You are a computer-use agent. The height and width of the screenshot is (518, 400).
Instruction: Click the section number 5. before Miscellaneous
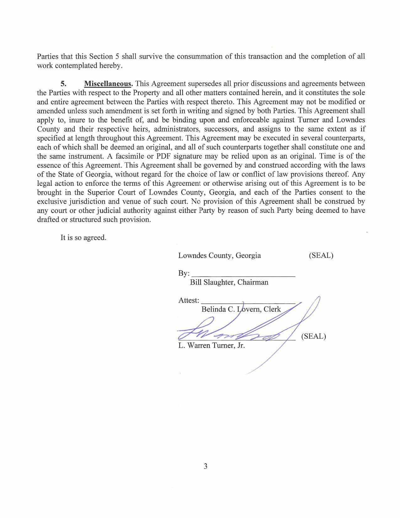click(64, 84)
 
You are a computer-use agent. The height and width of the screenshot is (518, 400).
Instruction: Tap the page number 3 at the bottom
click(205, 466)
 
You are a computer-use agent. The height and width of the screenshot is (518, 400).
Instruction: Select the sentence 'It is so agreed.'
click(83, 238)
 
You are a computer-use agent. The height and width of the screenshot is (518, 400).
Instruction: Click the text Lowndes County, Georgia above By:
click(219, 256)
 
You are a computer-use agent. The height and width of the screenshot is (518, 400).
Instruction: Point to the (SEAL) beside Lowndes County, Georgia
click(321, 256)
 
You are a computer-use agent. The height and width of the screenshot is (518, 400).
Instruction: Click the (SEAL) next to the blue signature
click(313, 337)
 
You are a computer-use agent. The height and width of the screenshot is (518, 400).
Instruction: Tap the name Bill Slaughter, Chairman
click(229, 282)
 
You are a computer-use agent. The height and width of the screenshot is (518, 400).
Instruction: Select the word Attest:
click(189, 300)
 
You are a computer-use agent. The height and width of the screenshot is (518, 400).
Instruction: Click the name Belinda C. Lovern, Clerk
click(241, 310)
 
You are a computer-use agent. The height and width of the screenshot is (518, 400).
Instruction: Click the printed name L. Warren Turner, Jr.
click(211, 346)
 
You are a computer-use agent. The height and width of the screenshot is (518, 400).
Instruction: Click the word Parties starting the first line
click(48, 57)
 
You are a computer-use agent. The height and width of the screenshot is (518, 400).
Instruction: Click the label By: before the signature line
click(184, 273)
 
